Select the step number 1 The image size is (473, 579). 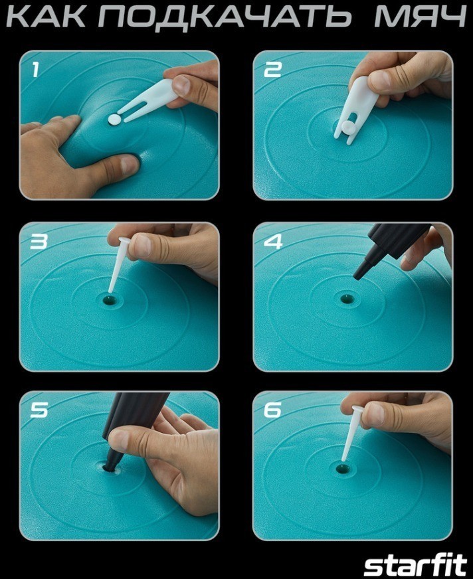pyautogui.click(x=35, y=69)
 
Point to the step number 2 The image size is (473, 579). pyautogui.click(x=273, y=69)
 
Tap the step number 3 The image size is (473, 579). pyautogui.click(x=39, y=241)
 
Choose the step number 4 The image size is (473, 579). pyautogui.click(x=273, y=241)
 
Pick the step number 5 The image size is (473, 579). pyautogui.click(x=39, y=410)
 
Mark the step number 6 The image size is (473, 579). pyautogui.click(x=273, y=410)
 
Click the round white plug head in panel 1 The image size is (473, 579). pyautogui.click(x=114, y=119)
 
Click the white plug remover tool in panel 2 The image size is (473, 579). pyautogui.click(x=357, y=110)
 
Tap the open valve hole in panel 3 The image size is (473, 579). pyautogui.click(x=110, y=300)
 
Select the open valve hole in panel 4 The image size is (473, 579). pyautogui.click(x=346, y=298)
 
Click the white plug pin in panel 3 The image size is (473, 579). pyautogui.click(x=118, y=265)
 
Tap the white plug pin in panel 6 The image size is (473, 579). pyautogui.click(x=351, y=433)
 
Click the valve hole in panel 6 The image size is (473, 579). pyautogui.click(x=343, y=469)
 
